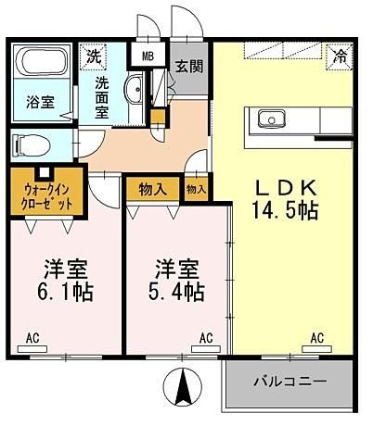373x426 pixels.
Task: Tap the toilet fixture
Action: click(32, 145)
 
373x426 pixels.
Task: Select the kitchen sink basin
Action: click(272, 119)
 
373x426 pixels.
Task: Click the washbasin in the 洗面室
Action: click(134, 90)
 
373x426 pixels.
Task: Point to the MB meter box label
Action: click(148, 56)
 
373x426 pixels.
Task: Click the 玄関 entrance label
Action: click(189, 66)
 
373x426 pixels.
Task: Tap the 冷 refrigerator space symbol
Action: click(340, 57)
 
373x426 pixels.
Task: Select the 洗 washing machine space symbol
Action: click(93, 56)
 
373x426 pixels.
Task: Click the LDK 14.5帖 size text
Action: click(286, 199)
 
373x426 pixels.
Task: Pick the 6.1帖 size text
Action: click(65, 293)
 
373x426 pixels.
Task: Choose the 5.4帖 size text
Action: click(176, 292)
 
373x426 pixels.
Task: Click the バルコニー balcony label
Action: click(290, 382)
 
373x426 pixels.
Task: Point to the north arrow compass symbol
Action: click(183, 386)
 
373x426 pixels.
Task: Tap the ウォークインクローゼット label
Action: click(46, 196)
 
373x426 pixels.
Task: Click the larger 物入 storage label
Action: click(153, 189)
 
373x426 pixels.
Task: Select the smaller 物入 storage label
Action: click(196, 190)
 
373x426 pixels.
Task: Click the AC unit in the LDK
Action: click(317, 349)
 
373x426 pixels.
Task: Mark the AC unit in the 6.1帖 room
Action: click(32, 349)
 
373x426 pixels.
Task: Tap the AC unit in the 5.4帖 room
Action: click(206, 349)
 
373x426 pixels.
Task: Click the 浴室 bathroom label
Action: click(41, 102)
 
